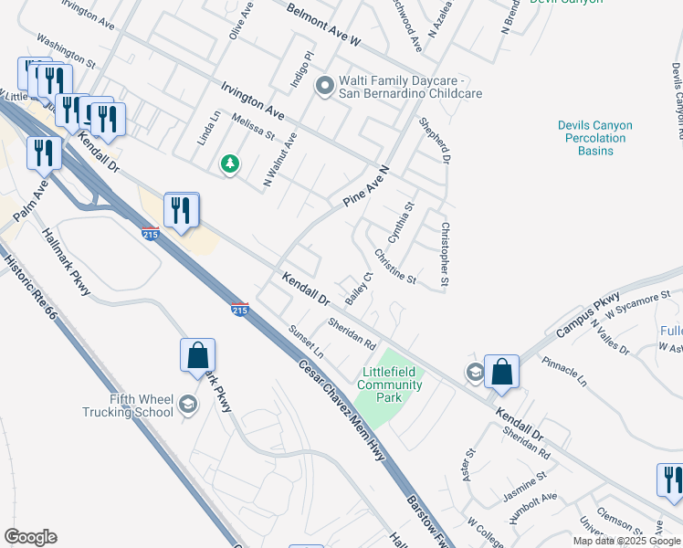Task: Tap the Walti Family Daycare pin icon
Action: pos(324,87)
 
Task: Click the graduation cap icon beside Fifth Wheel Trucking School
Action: pos(188,405)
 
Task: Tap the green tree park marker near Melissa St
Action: pos(231,164)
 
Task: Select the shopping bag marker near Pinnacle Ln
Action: pos(501,371)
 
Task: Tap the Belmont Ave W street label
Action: pos(323,25)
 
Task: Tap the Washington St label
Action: pos(66,52)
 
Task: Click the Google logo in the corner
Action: pos(30,537)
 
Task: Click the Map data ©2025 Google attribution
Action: pos(626,541)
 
